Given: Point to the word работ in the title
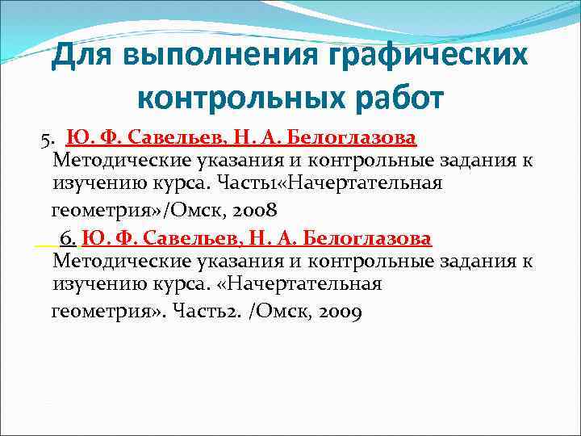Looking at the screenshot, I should [395, 99].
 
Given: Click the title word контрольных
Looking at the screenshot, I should [240, 99].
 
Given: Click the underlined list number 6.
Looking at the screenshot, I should [68, 240].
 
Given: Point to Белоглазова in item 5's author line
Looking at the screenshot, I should [353, 137].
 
